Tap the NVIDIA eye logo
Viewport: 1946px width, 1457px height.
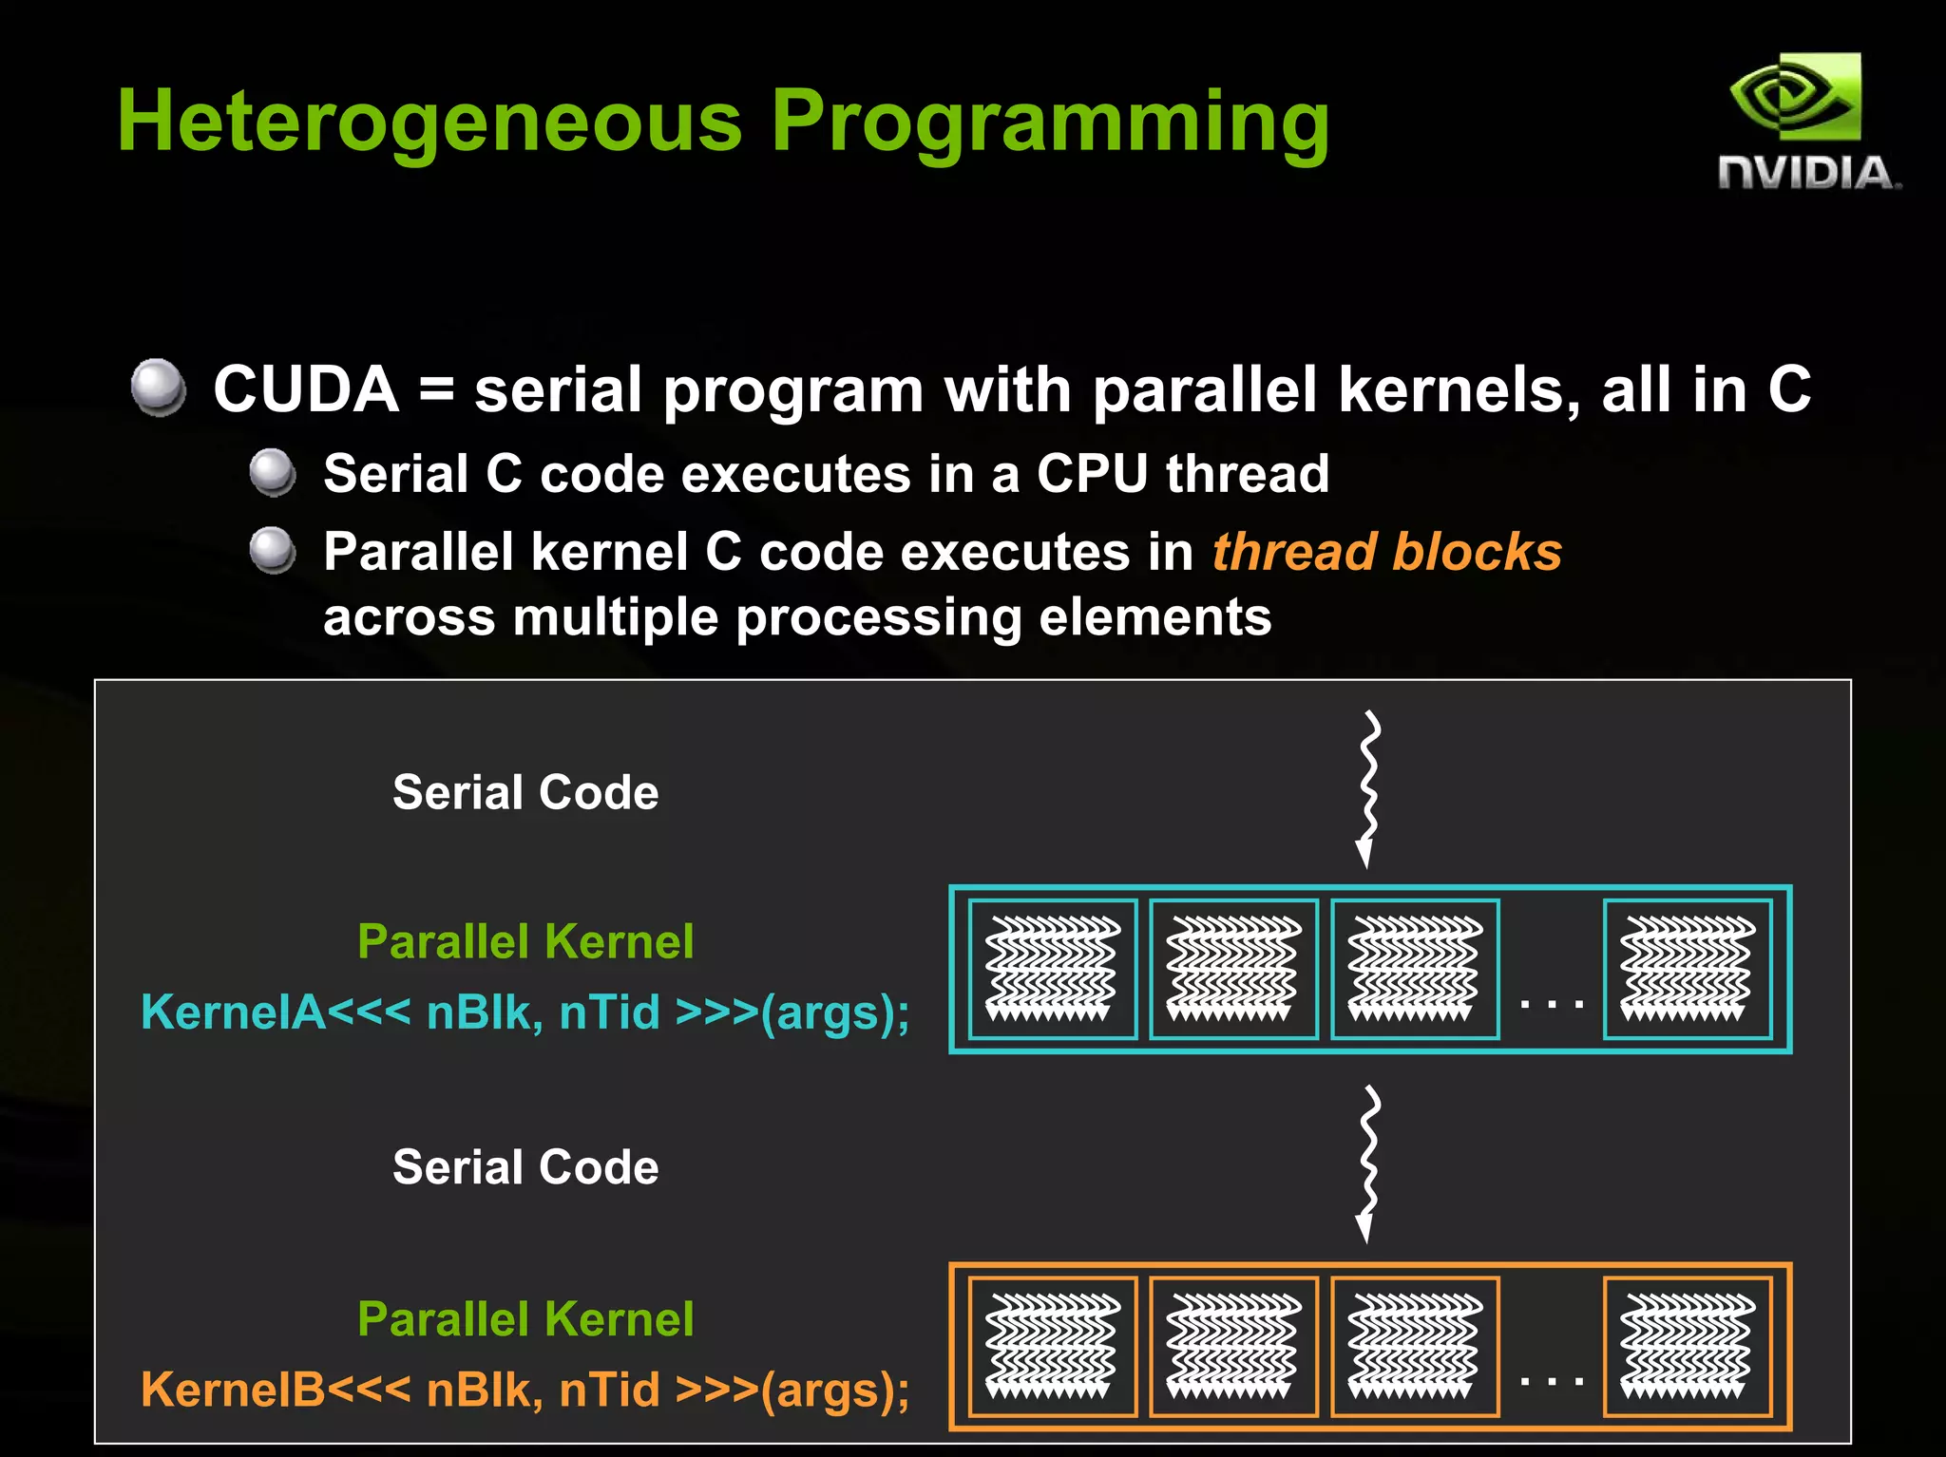tap(1795, 97)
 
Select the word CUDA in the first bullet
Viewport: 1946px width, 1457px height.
tap(306, 389)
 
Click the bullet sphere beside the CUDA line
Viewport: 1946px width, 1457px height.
tap(158, 387)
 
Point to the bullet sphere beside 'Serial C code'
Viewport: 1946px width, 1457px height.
tap(273, 472)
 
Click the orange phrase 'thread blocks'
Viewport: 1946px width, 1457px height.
tap(1386, 552)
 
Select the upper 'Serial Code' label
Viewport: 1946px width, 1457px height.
tap(525, 792)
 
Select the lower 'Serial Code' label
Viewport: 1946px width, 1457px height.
tap(525, 1167)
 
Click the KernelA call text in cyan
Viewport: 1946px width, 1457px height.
tap(525, 1012)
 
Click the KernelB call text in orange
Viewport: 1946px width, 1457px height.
tap(525, 1390)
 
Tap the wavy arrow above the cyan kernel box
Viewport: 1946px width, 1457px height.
tap(1367, 787)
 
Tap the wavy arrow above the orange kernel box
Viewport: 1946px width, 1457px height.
tap(1367, 1163)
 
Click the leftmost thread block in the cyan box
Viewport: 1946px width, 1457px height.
tap(1052, 969)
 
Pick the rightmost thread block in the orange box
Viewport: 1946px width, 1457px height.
tap(1687, 1347)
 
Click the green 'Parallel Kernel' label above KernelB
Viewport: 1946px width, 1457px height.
tap(525, 1319)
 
